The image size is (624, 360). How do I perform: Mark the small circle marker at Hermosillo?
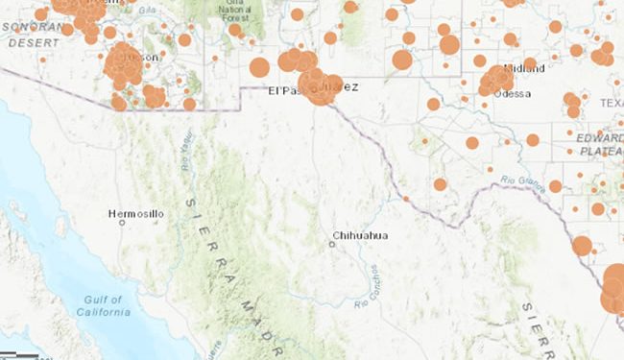122,222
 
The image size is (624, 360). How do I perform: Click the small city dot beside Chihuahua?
331,244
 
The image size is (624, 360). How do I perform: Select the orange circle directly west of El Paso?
259,67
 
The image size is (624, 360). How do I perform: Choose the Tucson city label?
140,57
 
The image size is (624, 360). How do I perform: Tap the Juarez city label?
341,87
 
